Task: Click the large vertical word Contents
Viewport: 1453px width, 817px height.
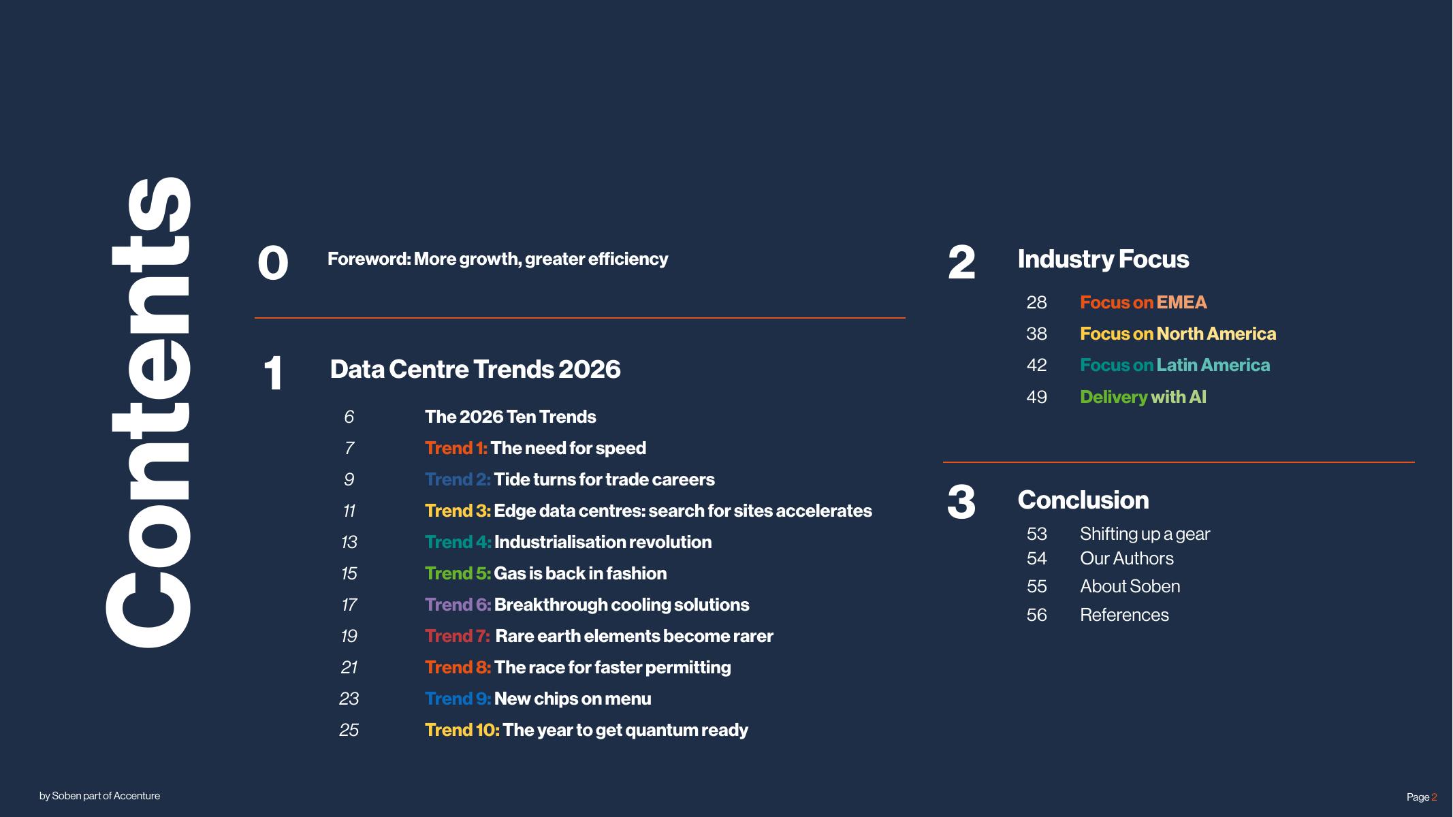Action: [148, 412]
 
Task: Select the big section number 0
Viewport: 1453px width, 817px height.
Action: [273, 263]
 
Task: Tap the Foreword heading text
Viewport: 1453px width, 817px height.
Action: [498, 259]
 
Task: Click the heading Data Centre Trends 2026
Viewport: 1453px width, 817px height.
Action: [475, 369]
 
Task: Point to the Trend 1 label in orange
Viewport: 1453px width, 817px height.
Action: [456, 448]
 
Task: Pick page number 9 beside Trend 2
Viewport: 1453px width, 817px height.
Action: [349, 479]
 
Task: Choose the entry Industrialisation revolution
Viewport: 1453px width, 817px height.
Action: [603, 542]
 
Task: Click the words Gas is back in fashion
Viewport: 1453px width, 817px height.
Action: [580, 573]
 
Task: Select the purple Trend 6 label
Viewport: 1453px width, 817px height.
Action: [458, 605]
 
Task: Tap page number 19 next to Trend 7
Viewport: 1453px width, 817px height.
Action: [349, 636]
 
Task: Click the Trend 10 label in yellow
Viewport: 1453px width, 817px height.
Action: [462, 730]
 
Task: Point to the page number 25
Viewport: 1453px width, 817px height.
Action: [349, 730]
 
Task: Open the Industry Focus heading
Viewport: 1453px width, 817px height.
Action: [1103, 259]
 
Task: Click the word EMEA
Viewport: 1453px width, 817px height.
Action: [1181, 302]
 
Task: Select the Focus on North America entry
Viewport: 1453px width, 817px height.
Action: [1178, 334]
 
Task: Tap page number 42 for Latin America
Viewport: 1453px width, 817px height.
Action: [1036, 365]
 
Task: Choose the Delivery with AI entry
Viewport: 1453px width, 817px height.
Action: [1143, 397]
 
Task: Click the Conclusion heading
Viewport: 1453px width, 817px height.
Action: [1083, 500]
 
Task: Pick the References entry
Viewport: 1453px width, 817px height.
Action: [1124, 615]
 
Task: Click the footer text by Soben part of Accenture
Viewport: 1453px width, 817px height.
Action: [100, 796]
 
